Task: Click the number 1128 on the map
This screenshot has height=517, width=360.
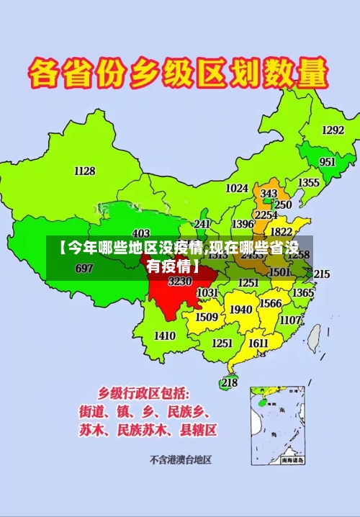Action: pyautogui.click(x=84, y=171)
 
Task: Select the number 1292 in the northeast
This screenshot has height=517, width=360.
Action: pyautogui.click(x=332, y=130)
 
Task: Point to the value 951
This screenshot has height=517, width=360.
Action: pyautogui.click(x=327, y=162)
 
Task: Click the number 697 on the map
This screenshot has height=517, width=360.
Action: pyautogui.click(x=84, y=269)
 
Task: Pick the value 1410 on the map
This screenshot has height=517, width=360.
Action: pyautogui.click(x=165, y=336)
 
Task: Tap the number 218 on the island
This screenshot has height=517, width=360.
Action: pyautogui.click(x=229, y=382)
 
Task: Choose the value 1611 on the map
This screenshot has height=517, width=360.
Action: pyautogui.click(x=258, y=343)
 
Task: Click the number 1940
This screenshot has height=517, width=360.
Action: pyautogui.click(x=240, y=310)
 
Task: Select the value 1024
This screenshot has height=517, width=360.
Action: pyautogui.click(x=237, y=188)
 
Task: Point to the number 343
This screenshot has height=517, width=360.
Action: pyautogui.click(x=269, y=194)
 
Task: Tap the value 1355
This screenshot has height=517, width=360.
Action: pyautogui.click(x=309, y=183)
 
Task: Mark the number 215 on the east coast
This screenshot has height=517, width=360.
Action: pyautogui.click(x=322, y=274)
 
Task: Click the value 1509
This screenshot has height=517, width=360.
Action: pyautogui.click(x=207, y=317)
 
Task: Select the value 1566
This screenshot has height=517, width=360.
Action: pyautogui.click(x=270, y=303)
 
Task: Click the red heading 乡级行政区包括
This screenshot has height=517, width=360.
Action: pyautogui.click(x=144, y=393)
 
